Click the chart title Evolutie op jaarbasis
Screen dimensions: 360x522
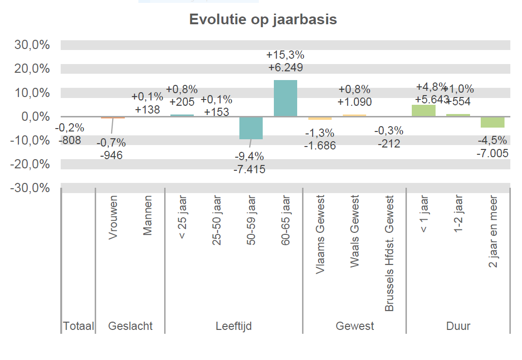point(263,20)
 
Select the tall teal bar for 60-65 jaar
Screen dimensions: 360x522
point(286,98)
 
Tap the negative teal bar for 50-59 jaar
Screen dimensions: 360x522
point(251,128)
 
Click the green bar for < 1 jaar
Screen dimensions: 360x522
point(423,111)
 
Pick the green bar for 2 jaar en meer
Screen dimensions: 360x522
point(492,122)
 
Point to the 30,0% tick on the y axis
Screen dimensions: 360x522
point(33,45)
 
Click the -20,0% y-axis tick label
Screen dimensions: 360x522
point(31,164)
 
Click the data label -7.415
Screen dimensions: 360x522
point(251,169)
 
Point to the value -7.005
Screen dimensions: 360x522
point(492,153)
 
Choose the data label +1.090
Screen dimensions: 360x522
point(354,102)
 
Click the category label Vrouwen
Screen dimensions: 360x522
point(113,217)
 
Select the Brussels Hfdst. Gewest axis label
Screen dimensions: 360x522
point(389,253)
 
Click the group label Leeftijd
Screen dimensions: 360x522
point(234,326)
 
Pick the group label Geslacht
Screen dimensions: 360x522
point(130,326)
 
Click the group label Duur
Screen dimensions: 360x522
point(458,326)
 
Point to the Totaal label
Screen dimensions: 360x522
point(78,326)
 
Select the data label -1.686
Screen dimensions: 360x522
point(320,145)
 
